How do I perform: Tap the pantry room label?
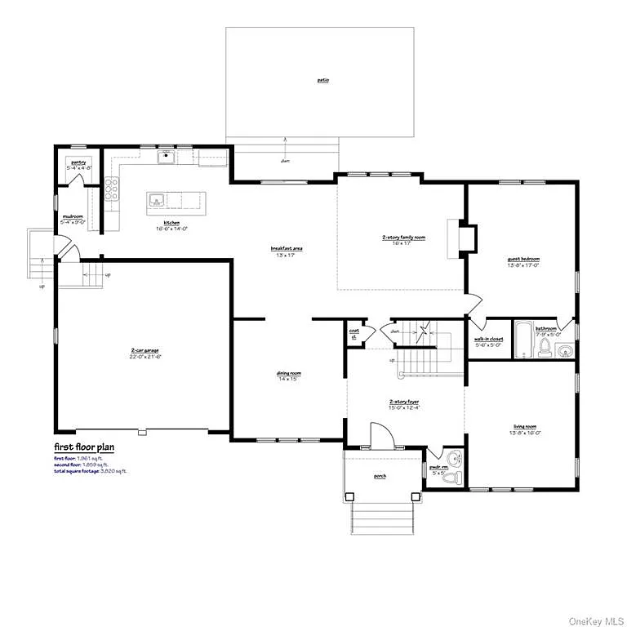pyautogui.click(x=78, y=162)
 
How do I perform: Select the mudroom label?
pyautogui.click(x=72, y=216)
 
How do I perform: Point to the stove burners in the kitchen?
pyautogui.click(x=111, y=191)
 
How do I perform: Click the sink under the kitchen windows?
pyautogui.click(x=167, y=156)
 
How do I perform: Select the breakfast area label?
pyautogui.click(x=282, y=248)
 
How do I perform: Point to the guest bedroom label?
pyautogui.click(x=523, y=259)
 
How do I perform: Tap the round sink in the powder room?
pyautogui.click(x=456, y=458)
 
